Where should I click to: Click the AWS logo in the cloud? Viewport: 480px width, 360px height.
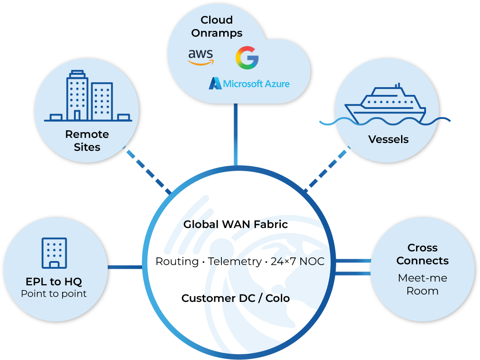[201, 57]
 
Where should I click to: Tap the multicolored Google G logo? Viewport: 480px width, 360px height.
[247, 58]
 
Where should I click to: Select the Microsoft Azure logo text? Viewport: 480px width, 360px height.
[249, 84]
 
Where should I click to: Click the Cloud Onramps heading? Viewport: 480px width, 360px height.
[216, 26]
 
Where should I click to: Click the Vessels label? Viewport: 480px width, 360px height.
[388, 139]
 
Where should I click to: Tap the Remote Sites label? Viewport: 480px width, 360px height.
[87, 141]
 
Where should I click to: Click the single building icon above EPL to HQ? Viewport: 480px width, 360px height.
[54, 252]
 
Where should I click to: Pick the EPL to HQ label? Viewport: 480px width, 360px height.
[54, 281]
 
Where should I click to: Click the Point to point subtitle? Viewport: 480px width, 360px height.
[54, 294]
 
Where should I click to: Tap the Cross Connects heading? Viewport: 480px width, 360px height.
[422, 254]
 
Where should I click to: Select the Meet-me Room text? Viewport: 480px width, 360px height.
[422, 284]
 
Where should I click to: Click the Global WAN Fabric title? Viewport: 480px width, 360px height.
[235, 224]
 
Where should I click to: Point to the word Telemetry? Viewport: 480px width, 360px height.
[235, 261]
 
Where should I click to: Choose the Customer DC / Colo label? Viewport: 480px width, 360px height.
[235, 298]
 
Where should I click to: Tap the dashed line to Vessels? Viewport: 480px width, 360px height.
[327, 168]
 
